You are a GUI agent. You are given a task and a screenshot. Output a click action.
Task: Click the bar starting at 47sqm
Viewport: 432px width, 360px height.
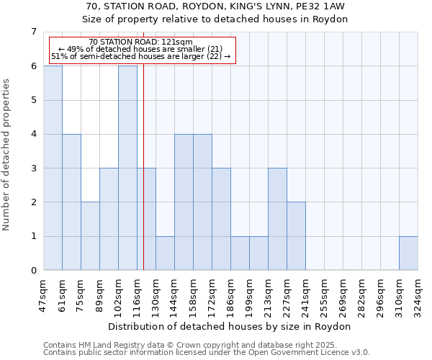tap(53, 168)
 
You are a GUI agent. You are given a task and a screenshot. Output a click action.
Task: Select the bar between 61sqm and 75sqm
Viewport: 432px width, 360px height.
tap(71, 202)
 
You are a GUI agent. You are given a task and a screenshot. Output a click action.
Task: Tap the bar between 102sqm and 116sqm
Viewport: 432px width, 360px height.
tap(127, 168)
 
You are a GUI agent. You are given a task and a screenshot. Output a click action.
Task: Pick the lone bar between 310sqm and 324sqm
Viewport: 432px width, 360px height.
tap(408, 253)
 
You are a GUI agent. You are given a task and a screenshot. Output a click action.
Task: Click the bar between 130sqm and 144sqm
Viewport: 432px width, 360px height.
tap(165, 253)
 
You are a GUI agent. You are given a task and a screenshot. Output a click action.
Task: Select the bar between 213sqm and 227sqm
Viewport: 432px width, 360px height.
tap(277, 220)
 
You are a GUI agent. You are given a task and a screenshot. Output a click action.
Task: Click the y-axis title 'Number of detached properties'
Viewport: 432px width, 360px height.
tap(7, 154)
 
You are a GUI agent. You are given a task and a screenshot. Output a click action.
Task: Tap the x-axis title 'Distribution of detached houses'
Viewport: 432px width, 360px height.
tap(230, 326)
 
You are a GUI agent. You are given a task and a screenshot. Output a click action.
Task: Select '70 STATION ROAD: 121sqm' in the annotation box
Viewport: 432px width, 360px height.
tap(141, 42)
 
